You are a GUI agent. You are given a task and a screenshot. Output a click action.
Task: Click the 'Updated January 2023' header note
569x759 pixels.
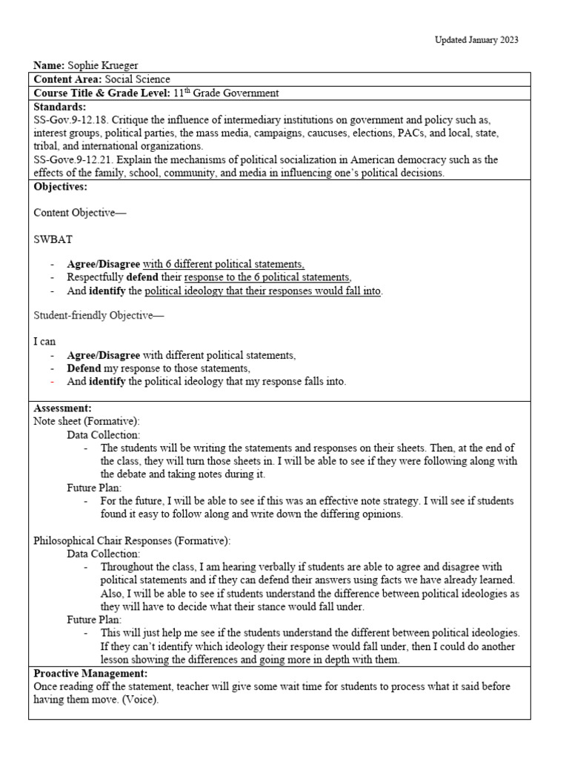476,39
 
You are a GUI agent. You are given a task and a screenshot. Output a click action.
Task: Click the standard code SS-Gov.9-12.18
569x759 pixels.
71,119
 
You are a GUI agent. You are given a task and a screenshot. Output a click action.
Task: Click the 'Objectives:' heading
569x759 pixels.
60,186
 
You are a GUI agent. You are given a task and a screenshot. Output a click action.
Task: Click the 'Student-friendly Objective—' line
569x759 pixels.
99,316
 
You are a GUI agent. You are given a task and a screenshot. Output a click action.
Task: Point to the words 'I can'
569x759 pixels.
45,342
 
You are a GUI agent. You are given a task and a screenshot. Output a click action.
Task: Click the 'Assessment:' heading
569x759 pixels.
63,408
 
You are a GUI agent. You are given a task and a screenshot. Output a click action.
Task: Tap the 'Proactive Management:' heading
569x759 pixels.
91,674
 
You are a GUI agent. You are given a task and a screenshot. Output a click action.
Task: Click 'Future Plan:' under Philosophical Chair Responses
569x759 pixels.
94,620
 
